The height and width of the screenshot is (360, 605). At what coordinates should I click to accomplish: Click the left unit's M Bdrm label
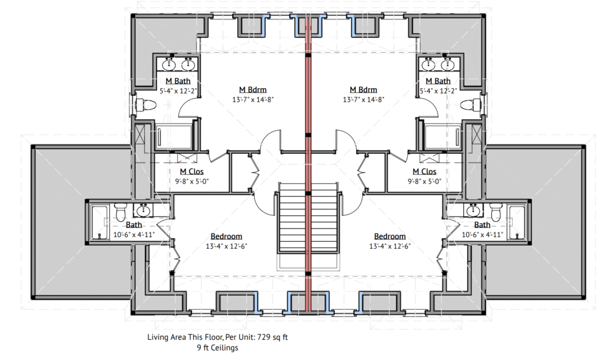click(x=253, y=89)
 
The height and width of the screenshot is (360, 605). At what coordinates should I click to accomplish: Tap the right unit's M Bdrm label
click(x=363, y=89)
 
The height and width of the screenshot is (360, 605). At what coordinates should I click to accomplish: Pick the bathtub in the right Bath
click(x=516, y=223)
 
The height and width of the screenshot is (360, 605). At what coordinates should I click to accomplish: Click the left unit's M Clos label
click(x=192, y=171)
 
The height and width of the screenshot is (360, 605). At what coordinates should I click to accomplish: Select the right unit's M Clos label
click(x=424, y=171)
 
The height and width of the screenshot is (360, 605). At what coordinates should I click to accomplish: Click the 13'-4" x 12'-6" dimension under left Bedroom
click(x=226, y=246)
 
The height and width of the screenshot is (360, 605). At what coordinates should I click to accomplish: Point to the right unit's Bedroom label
click(x=390, y=236)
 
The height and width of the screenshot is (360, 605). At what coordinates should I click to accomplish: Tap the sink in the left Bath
click(x=144, y=210)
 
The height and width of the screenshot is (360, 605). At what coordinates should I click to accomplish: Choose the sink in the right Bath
click(x=473, y=210)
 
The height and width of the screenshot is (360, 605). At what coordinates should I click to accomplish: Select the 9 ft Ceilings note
click(x=217, y=348)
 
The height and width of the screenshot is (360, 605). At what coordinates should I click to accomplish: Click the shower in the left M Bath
click(x=173, y=137)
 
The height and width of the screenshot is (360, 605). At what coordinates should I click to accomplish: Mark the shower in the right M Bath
click(x=443, y=137)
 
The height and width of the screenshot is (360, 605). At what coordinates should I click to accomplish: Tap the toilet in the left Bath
click(x=121, y=212)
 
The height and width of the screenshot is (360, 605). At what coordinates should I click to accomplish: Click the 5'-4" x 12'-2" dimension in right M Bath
click(x=438, y=91)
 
